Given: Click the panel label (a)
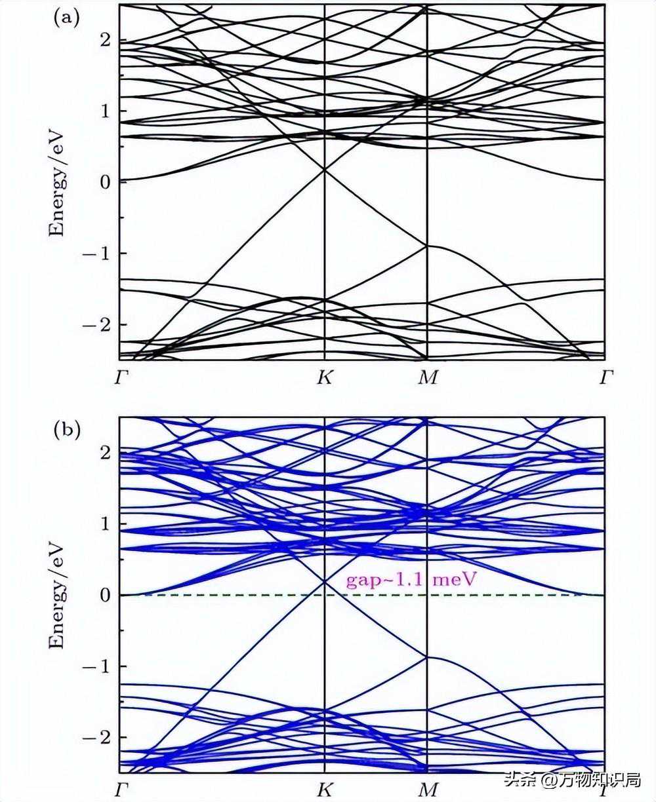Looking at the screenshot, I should coord(66,18).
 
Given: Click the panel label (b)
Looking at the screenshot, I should coord(66,430).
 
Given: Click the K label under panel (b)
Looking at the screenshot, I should coord(325,789).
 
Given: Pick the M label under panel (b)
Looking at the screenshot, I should coord(428,789).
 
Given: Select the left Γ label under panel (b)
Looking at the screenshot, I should coord(121,789).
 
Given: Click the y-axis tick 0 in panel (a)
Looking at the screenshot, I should coord(105,181).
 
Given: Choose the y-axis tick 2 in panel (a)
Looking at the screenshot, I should coord(105,39).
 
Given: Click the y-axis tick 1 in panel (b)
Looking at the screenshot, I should coord(105,524).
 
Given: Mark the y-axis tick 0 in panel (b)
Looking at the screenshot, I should coord(105,595).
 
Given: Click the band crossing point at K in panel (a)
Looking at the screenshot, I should coord(325,170).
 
